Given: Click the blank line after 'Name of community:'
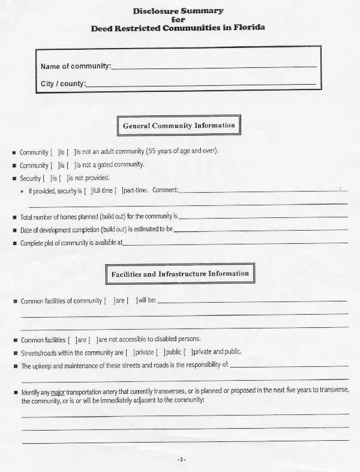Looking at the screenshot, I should click(x=214, y=66).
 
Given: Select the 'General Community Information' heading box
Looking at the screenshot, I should click(x=178, y=126).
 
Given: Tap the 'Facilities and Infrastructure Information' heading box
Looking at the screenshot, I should click(x=179, y=274).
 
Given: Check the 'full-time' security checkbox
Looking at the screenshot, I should click(x=89, y=191).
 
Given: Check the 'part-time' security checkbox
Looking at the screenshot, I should click(x=119, y=191).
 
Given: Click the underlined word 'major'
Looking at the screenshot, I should click(x=58, y=392).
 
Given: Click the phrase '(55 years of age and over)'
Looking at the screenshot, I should click(x=183, y=151).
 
